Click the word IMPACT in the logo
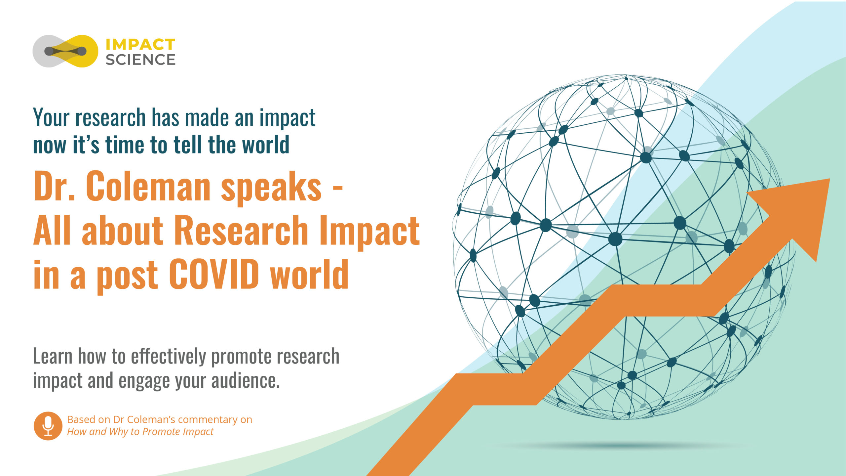(x=140, y=45)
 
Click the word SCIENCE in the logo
(x=140, y=60)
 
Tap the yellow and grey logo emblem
(x=65, y=51)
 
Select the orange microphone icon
(x=48, y=426)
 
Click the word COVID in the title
(x=214, y=274)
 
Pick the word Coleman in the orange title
(x=148, y=186)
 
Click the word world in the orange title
(x=309, y=274)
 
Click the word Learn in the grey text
(x=53, y=356)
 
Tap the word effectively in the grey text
(x=169, y=356)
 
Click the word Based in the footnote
(x=81, y=420)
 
